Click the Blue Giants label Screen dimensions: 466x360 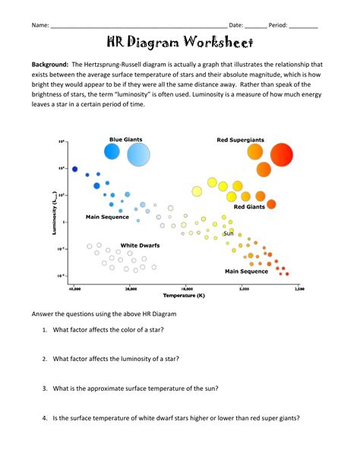125,139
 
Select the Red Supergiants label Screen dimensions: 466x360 240,140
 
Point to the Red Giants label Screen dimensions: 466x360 248,206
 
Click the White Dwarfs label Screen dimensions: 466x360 134,245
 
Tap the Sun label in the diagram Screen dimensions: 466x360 228,233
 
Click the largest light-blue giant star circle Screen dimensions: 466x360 138,154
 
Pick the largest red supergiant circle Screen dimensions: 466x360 281,154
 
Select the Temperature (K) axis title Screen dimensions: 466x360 185,295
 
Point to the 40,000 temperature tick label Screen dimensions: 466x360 74,289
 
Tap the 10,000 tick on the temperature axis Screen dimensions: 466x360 188,289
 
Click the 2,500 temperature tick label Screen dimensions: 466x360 298,289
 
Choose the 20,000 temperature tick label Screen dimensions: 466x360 131,289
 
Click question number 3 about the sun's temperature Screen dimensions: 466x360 135,388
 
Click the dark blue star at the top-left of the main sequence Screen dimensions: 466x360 74,168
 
